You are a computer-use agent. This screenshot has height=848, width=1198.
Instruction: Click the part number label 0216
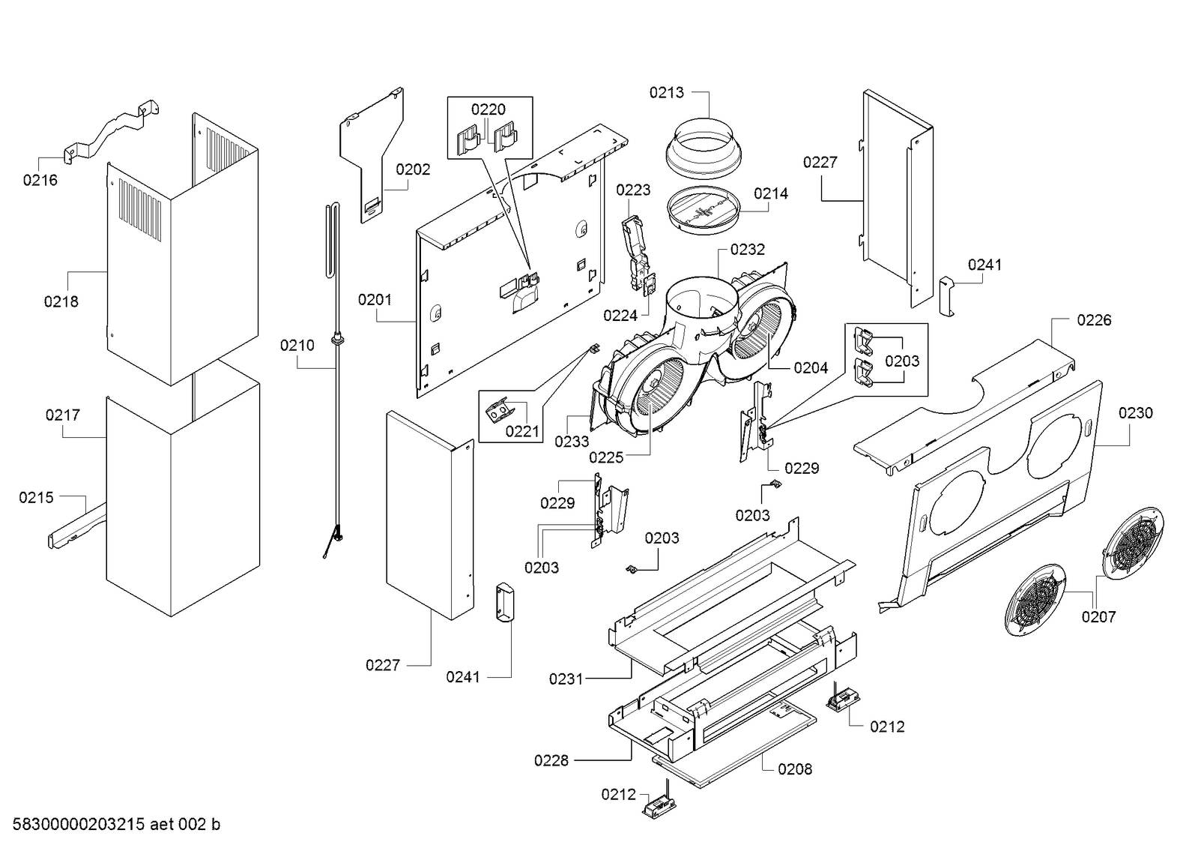[x=40, y=181]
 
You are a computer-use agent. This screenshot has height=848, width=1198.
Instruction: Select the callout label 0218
[x=61, y=302]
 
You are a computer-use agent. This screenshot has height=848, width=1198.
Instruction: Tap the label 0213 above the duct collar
[x=666, y=93]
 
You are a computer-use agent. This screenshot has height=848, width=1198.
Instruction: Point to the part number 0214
[x=771, y=193]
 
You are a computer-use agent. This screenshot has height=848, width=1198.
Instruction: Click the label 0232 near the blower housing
[x=748, y=250]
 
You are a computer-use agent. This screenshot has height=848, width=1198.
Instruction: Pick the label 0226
[x=1095, y=320]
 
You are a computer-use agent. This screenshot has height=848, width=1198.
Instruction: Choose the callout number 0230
[x=1136, y=413]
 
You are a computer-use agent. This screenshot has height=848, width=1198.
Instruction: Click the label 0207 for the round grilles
[x=1099, y=617]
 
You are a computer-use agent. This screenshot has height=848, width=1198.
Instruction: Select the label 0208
[x=795, y=769]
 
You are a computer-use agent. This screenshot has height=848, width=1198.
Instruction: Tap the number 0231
[x=566, y=679]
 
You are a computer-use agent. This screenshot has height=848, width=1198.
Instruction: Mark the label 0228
[x=551, y=761]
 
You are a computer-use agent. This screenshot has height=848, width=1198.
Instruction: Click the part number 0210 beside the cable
[x=297, y=346]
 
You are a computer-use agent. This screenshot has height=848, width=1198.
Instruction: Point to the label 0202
[x=413, y=169]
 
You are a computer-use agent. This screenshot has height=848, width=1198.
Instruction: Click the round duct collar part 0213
[x=704, y=148]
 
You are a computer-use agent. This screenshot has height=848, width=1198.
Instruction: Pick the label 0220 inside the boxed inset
[x=488, y=109]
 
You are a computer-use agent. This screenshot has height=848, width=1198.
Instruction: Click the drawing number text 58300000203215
[x=79, y=825]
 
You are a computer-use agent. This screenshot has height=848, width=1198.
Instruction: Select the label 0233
[x=571, y=442]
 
